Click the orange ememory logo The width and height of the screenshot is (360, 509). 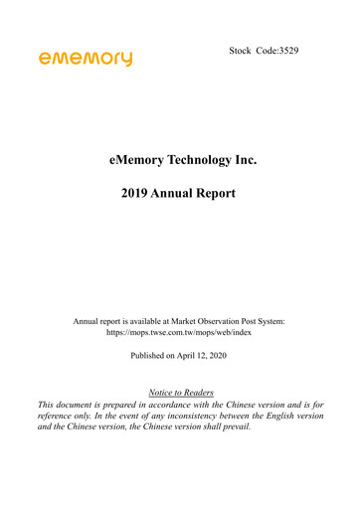click(86, 60)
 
